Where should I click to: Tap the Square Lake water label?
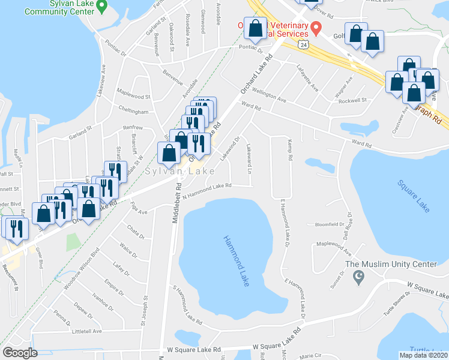(x=414, y=196)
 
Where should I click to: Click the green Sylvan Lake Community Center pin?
(x=102, y=7)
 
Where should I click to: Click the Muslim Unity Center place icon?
(x=359, y=277)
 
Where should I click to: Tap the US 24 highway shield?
(x=305, y=45)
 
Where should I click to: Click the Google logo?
(x=20, y=353)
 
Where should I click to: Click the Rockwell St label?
(x=352, y=101)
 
